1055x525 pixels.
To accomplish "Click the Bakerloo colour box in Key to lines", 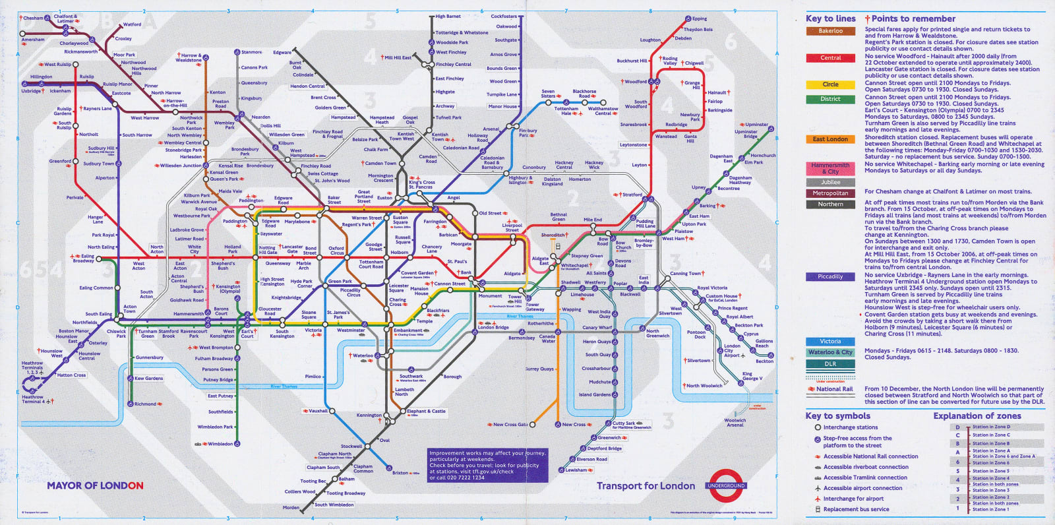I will point(830,31).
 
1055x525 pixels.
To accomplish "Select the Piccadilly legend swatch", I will point(830,277).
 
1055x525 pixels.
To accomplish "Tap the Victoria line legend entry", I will point(830,342).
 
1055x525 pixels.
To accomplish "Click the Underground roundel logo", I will point(725,486).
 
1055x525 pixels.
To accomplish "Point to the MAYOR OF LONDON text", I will point(95,485).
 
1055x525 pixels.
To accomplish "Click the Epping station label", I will point(700,18).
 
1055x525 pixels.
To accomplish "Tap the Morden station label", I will point(291,508).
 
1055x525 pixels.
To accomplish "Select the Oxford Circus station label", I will point(336,251).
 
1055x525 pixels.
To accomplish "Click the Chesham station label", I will point(33,18).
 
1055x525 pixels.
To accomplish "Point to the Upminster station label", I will point(756,125).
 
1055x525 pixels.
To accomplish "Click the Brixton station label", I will point(400,473).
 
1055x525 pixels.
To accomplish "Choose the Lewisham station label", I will point(576,470).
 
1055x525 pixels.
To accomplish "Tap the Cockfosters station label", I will point(504,16).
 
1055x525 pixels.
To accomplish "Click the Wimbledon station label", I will point(220,444).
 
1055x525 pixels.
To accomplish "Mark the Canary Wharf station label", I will point(597,328).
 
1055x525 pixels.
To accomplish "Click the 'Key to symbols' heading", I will point(837,416).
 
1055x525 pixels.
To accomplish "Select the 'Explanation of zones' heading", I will point(977,416).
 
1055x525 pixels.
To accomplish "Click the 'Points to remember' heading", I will point(913,19).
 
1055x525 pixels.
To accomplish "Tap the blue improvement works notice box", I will point(487,465).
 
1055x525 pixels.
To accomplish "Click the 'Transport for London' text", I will point(646,486).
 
